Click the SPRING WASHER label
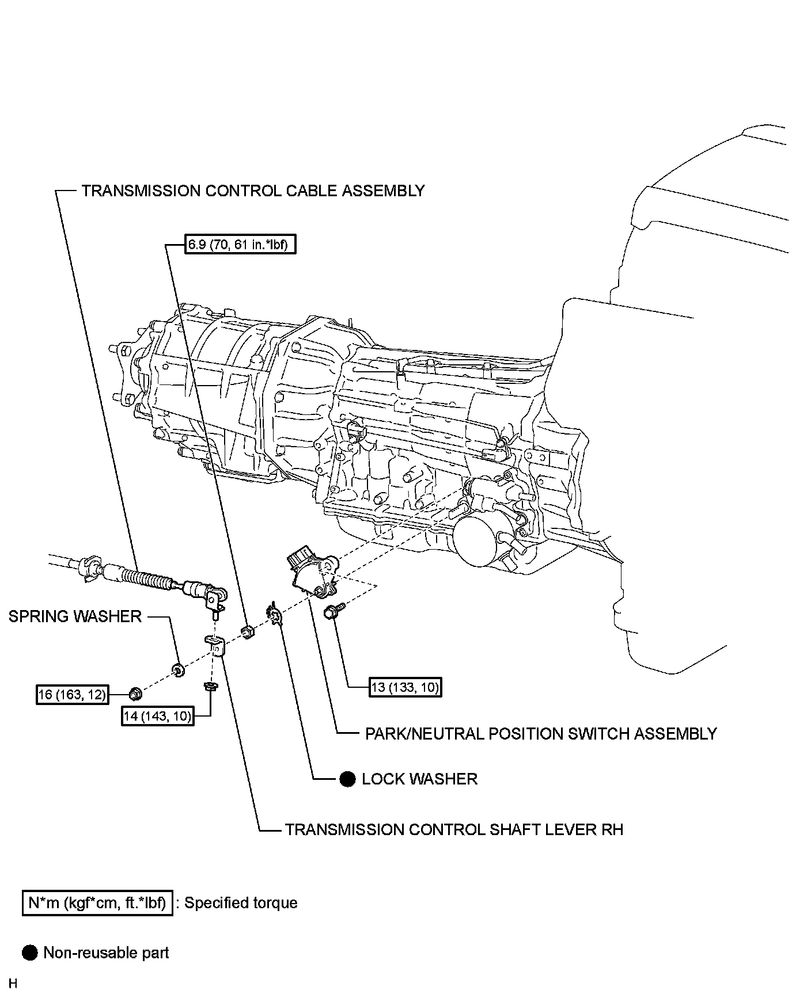(75, 616)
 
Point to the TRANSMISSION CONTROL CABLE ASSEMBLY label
(253, 191)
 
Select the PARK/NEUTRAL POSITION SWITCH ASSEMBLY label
(541, 734)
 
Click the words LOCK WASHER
(419, 779)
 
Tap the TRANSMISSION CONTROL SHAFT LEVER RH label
(454, 829)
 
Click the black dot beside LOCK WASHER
(347, 779)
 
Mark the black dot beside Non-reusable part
(29, 953)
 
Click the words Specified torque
(241, 903)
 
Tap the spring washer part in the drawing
(179, 669)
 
